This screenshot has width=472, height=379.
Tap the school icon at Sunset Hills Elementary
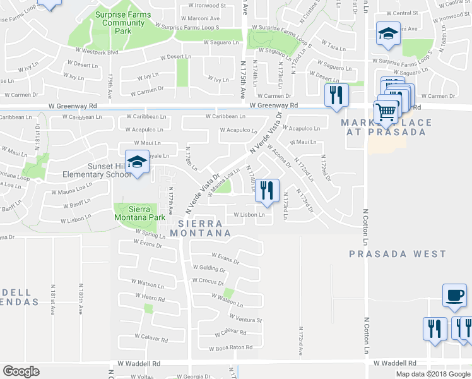136,162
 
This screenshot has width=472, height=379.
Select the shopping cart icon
386,112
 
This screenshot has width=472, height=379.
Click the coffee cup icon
454,296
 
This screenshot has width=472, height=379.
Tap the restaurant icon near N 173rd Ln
267,191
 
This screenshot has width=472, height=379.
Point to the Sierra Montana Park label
139,213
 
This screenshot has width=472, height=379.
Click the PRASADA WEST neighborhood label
398,254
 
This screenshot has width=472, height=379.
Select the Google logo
21,371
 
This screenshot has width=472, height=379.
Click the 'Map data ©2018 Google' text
433,374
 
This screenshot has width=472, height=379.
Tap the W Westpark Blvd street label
95,52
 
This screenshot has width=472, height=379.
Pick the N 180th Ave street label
80,295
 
